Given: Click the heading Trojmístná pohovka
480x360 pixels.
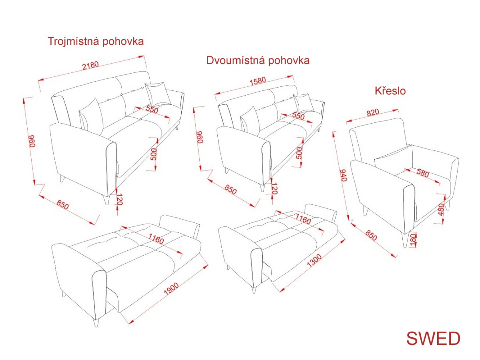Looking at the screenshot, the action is click(96, 41).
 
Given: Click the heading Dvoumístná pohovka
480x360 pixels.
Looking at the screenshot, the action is click(258, 60).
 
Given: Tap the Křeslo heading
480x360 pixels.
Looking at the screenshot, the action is click(390, 91).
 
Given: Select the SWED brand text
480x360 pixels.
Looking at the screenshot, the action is click(433, 338).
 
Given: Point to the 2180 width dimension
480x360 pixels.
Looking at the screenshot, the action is click(90, 65).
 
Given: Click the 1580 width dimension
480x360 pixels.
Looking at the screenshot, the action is click(258, 81).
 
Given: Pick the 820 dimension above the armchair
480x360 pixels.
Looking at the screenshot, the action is click(373, 112).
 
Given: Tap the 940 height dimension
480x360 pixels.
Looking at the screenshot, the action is click(344, 175).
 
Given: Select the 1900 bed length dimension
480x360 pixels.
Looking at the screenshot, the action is click(171, 288).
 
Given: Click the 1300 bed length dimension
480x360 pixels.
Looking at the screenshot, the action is click(314, 260).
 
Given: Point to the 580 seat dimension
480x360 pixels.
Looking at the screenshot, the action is click(422, 173).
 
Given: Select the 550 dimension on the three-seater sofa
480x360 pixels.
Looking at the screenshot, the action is click(152, 109).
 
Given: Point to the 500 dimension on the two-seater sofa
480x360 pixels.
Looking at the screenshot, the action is click(299, 153).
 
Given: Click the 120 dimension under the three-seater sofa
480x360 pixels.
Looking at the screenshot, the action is click(119, 200).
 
